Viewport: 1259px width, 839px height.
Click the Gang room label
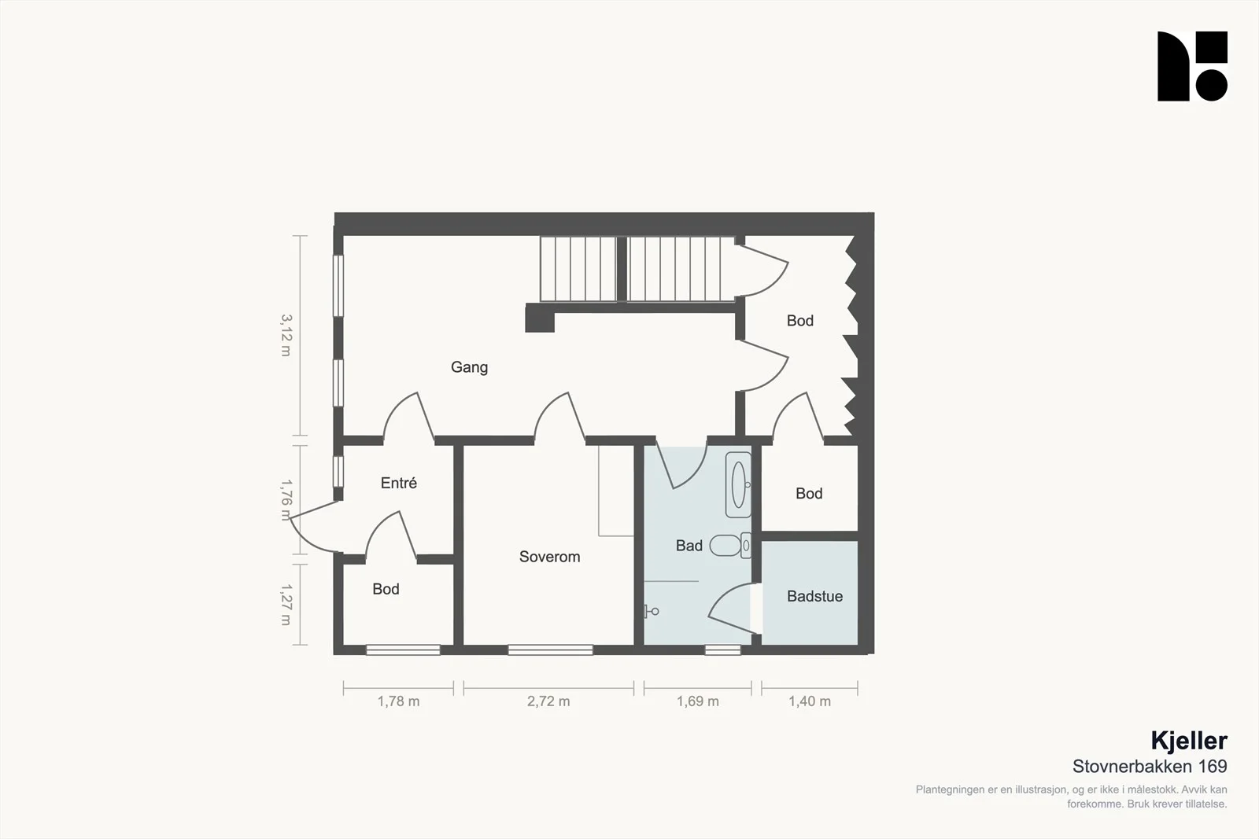(x=469, y=367)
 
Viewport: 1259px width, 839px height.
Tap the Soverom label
(x=549, y=557)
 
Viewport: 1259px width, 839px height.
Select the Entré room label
(x=398, y=482)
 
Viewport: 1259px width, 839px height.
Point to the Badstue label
(x=814, y=596)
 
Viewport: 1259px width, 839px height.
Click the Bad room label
(x=689, y=545)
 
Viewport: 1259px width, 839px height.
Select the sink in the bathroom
(x=738, y=484)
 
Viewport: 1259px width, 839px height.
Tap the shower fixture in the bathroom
(x=652, y=611)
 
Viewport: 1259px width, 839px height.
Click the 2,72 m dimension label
(x=548, y=701)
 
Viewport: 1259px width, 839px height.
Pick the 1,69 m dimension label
(x=697, y=701)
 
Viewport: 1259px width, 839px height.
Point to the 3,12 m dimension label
(x=286, y=335)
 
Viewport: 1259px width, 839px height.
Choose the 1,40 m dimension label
(x=810, y=701)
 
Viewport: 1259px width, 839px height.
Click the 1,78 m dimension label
(x=398, y=701)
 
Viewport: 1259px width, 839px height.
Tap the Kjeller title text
(x=1189, y=741)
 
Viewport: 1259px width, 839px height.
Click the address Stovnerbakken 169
(x=1150, y=766)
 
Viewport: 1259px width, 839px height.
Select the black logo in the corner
(x=1192, y=66)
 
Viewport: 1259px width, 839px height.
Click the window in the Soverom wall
(x=550, y=649)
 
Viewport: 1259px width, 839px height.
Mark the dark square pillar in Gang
(x=540, y=318)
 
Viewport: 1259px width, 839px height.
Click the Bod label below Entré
(x=386, y=588)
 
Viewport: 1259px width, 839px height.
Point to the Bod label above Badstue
(x=809, y=493)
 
